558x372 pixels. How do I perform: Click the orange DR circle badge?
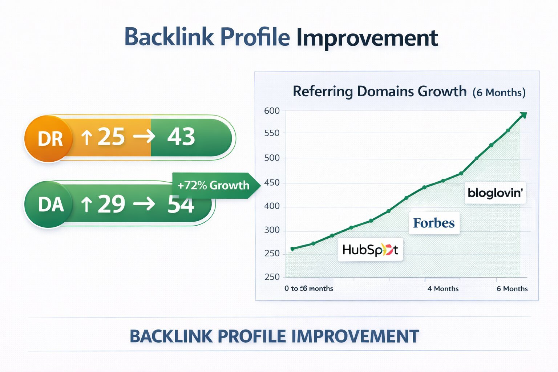49,139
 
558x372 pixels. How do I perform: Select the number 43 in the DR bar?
181,137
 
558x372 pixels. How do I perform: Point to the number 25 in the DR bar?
111,137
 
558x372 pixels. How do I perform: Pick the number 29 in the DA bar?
111,204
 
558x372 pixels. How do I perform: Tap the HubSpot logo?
370,250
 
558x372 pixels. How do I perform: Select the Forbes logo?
434,223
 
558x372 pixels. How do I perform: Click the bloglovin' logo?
495,193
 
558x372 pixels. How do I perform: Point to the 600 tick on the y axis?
272,111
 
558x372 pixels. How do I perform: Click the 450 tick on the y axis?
272,183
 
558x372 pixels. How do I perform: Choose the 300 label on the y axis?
272,230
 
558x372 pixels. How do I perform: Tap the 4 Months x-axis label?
443,289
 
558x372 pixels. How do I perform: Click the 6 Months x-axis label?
512,289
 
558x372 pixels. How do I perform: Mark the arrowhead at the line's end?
523,116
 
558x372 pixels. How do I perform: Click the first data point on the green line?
292,249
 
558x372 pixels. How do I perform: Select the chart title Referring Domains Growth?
379,92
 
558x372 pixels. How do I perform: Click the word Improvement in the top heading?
367,38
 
